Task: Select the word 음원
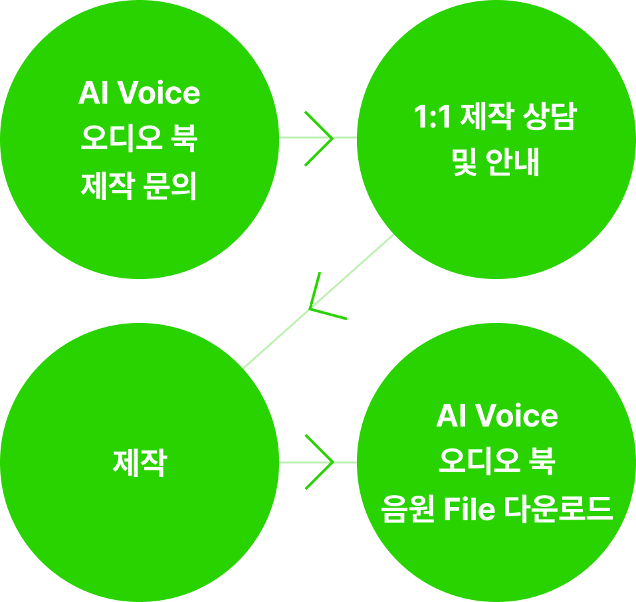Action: click(x=405, y=510)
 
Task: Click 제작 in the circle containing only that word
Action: click(x=140, y=462)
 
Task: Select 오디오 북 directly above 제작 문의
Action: click(x=139, y=141)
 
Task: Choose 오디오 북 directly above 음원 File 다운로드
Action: click(x=496, y=463)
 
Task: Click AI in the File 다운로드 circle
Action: click(x=449, y=417)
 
